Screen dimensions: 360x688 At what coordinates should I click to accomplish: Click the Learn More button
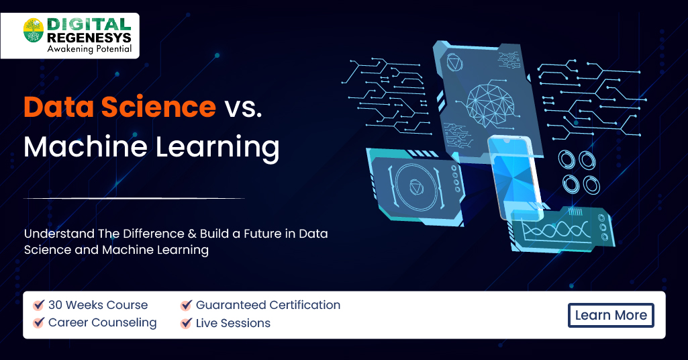point(611,315)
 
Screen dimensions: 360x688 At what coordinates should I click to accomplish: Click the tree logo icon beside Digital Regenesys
point(34,30)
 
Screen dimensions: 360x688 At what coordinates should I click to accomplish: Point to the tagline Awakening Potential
point(89,49)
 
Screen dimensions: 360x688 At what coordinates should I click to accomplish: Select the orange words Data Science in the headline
point(120,107)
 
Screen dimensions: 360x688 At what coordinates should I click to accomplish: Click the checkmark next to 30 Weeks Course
point(39,305)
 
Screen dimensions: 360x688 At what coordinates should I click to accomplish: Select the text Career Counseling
point(102,322)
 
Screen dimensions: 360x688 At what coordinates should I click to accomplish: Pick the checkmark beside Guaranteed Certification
point(187,305)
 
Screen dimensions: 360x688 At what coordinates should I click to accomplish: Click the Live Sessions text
point(233,323)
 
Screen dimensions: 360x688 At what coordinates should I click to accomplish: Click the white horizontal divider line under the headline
point(134,198)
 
